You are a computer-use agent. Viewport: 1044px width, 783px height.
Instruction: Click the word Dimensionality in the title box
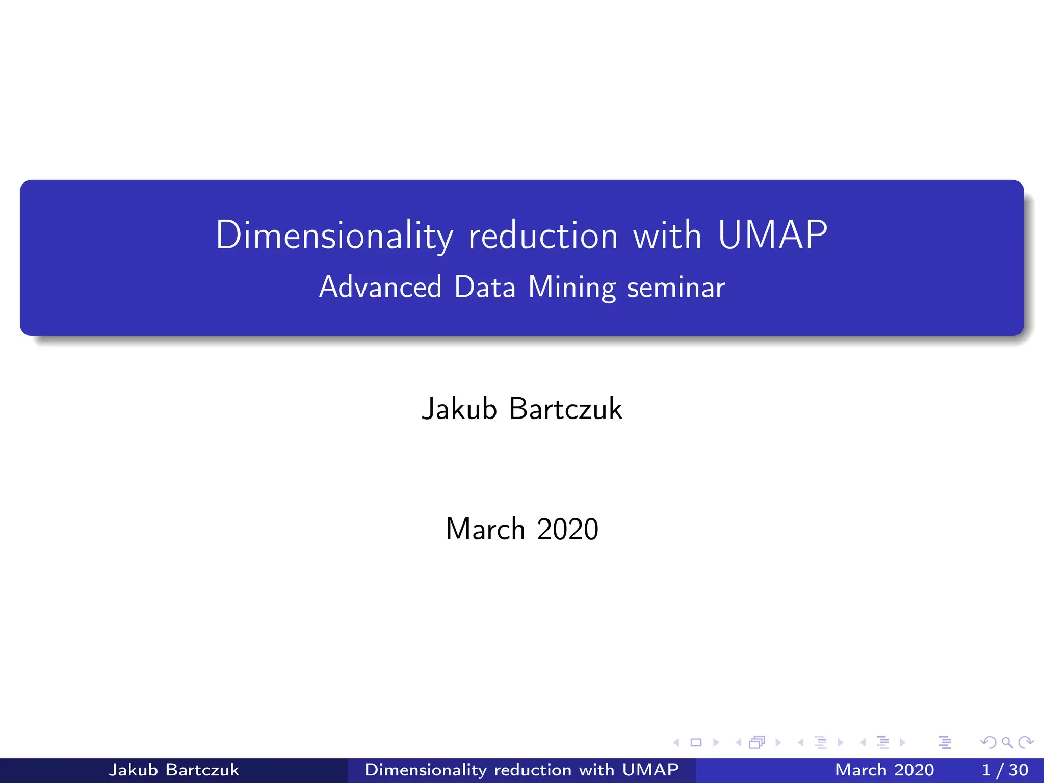[x=334, y=235]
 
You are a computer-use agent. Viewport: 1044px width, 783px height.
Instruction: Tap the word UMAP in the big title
[x=772, y=235]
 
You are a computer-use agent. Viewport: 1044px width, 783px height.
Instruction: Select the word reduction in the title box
[x=543, y=235]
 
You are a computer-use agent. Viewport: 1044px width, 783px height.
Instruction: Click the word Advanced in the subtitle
[x=380, y=286]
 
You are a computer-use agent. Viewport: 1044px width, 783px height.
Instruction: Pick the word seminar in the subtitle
[x=675, y=287]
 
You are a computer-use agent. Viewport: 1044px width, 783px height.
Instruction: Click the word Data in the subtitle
[x=485, y=286]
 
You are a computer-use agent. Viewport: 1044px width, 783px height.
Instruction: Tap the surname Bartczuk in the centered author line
[x=565, y=409]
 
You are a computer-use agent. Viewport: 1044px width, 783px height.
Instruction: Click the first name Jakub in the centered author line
[x=459, y=409]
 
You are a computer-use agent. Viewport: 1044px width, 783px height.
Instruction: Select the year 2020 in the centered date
[x=567, y=529]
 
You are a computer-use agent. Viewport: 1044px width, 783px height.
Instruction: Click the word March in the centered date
[x=485, y=529]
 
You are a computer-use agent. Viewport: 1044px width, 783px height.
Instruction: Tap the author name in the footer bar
[x=174, y=770]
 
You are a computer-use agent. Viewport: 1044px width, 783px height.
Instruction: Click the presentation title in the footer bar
[x=521, y=770]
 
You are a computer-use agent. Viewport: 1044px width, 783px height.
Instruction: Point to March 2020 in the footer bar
[x=884, y=770]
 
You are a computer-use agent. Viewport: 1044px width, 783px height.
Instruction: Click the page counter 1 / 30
[x=1005, y=770]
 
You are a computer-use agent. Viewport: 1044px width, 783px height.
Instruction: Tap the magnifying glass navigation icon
[x=1007, y=742]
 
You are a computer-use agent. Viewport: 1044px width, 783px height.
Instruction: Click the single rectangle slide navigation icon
[x=696, y=742]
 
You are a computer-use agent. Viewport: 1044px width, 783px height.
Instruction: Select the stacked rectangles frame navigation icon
[x=757, y=742]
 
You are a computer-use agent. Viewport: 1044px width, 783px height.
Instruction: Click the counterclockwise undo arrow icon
[x=988, y=742]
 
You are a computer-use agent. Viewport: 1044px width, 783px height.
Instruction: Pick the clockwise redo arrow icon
[x=1026, y=742]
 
